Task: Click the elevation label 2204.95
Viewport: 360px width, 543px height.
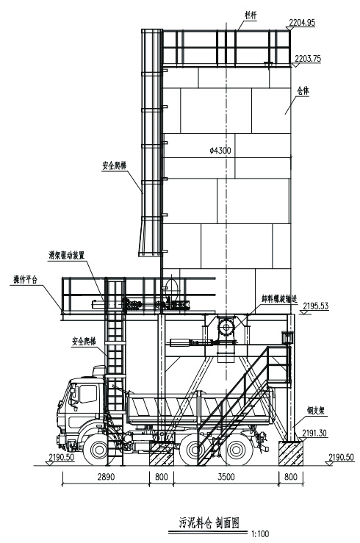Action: pyautogui.click(x=302, y=23)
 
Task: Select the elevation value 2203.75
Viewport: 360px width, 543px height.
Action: pyautogui.click(x=308, y=58)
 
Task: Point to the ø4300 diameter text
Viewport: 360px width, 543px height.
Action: pyautogui.click(x=220, y=151)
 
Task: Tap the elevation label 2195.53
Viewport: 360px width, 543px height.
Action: pyautogui.click(x=316, y=306)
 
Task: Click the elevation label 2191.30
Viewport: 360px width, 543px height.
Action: pyautogui.click(x=314, y=433)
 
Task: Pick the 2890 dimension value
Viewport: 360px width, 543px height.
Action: pyautogui.click(x=106, y=477)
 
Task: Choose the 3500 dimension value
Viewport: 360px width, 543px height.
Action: pyautogui.click(x=226, y=477)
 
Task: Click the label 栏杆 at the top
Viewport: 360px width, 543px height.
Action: pyautogui.click(x=251, y=15)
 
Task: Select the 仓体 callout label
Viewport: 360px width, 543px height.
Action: pyautogui.click(x=303, y=91)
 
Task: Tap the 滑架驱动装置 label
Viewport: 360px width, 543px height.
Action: pyautogui.click(x=66, y=255)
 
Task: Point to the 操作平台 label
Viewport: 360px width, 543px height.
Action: pyautogui.click(x=25, y=279)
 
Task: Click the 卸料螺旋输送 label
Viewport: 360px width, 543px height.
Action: pyautogui.click(x=279, y=298)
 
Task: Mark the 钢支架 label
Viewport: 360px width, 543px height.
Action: pyautogui.click(x=315, y=411)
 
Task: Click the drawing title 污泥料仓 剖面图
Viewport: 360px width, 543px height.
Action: pyautogui.click(x=209, y=522)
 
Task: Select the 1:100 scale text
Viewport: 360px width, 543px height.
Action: pyautogui.click(x=260, y=533)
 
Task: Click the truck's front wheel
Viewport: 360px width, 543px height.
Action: pyautogui.click(x=98, y=450)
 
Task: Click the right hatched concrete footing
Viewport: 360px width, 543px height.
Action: pyautogui.click(x=291, y=453)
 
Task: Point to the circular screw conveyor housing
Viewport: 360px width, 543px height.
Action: pyautogui.click(x=226, y=327)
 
